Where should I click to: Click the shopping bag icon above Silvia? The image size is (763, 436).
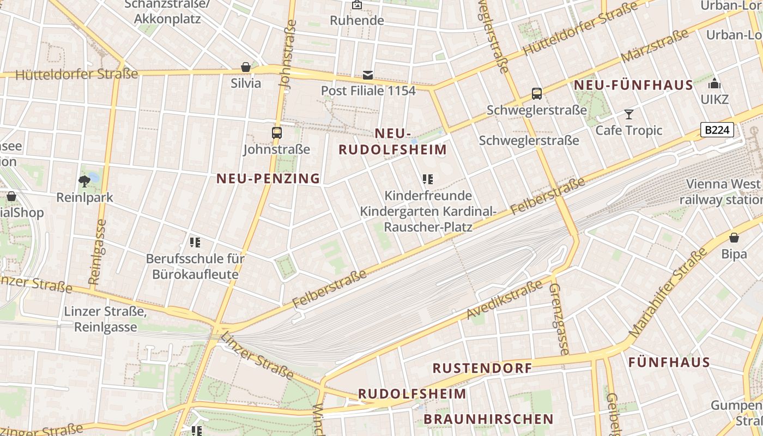click(x=246, y=67)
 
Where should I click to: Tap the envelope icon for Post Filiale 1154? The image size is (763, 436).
click(x=368, y=75)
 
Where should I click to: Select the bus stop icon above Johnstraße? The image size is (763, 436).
click(x=277, y=132)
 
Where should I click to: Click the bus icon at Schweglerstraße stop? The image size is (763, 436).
click(x=537, y=94)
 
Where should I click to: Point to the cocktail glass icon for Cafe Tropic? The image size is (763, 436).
click(x=629, y=114)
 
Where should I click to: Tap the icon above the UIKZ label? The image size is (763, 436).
click(x=714, y=84)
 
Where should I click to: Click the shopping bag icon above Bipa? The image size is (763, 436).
click(x=734, y=238)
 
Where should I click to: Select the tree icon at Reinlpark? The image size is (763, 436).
click(x=84, y=181)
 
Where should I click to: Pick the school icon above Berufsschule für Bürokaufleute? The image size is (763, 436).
click(x=195, y=242)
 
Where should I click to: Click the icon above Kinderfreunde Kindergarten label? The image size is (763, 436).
click(x=428, y=179)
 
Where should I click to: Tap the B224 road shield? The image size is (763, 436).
click(x=717, y=130)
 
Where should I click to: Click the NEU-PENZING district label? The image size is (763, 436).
click(x=268, y=178)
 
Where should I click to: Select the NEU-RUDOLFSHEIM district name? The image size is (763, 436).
click(x=393, y=142)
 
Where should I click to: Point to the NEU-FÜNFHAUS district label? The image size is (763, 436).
click(x=633, y=85)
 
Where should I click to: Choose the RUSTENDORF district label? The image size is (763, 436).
click(x=482, y=368)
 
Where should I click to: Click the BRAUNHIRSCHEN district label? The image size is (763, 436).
click(x=488, y=419)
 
